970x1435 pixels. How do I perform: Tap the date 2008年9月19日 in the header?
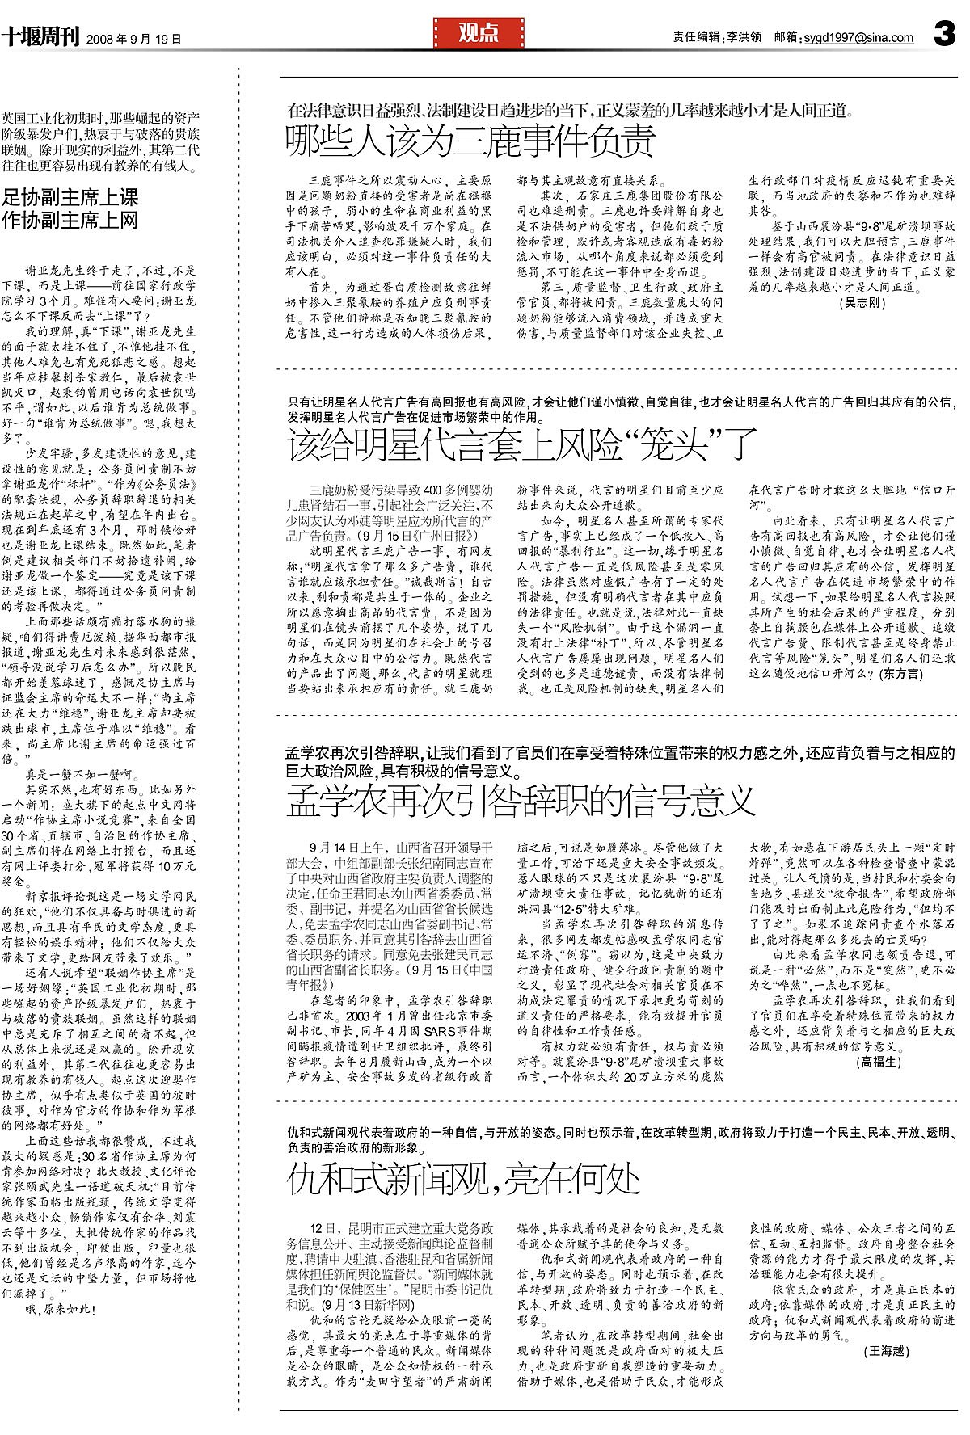[x=133, y=38]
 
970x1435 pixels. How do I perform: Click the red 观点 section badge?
[x=479, y=33]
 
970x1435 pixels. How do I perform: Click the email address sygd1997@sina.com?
[x=858, y=37]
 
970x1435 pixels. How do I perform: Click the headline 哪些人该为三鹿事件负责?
[x=470, y=142]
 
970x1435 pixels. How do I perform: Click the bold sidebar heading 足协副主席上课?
[x=70, y=197]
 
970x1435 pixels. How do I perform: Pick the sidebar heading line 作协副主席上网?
[x=70, y=221]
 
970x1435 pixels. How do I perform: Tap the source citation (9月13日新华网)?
[x=366, y=1305]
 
